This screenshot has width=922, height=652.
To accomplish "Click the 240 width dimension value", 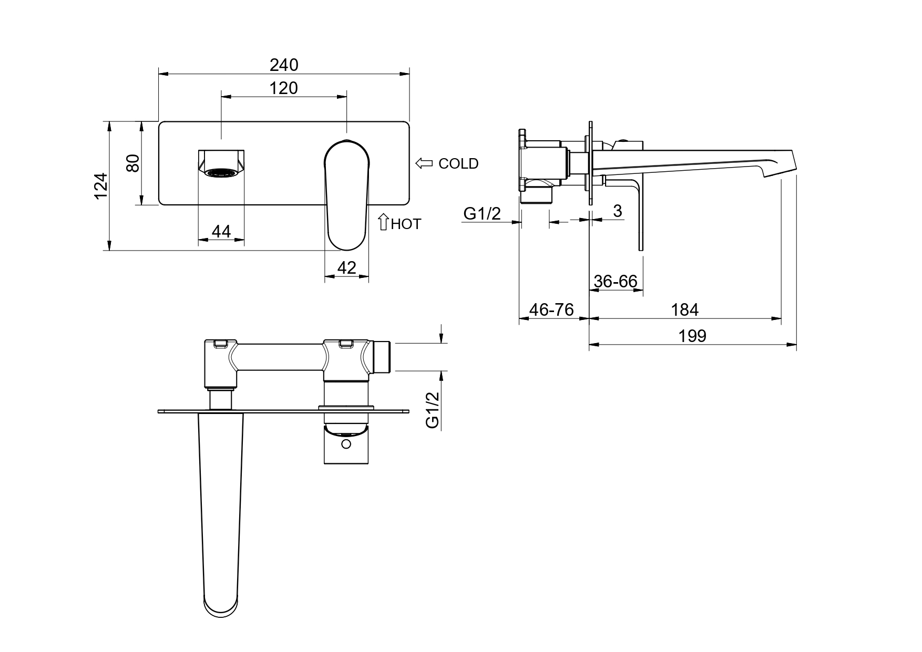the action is tap(284, 65).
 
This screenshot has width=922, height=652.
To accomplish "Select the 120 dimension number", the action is tap(284, 88).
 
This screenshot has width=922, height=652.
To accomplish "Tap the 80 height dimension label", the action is tap(133, 163).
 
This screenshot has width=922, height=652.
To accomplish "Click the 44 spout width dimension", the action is tap(221, 231).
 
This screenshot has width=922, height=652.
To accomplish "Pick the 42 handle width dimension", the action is tap(346, 267).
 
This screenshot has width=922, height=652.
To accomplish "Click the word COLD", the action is tap(458, 164).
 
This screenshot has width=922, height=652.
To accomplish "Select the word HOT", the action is tap(406, 224).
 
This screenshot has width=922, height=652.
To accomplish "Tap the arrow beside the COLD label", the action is tap(424, 163).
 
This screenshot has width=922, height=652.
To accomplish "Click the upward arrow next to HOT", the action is tap(383, 222).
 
